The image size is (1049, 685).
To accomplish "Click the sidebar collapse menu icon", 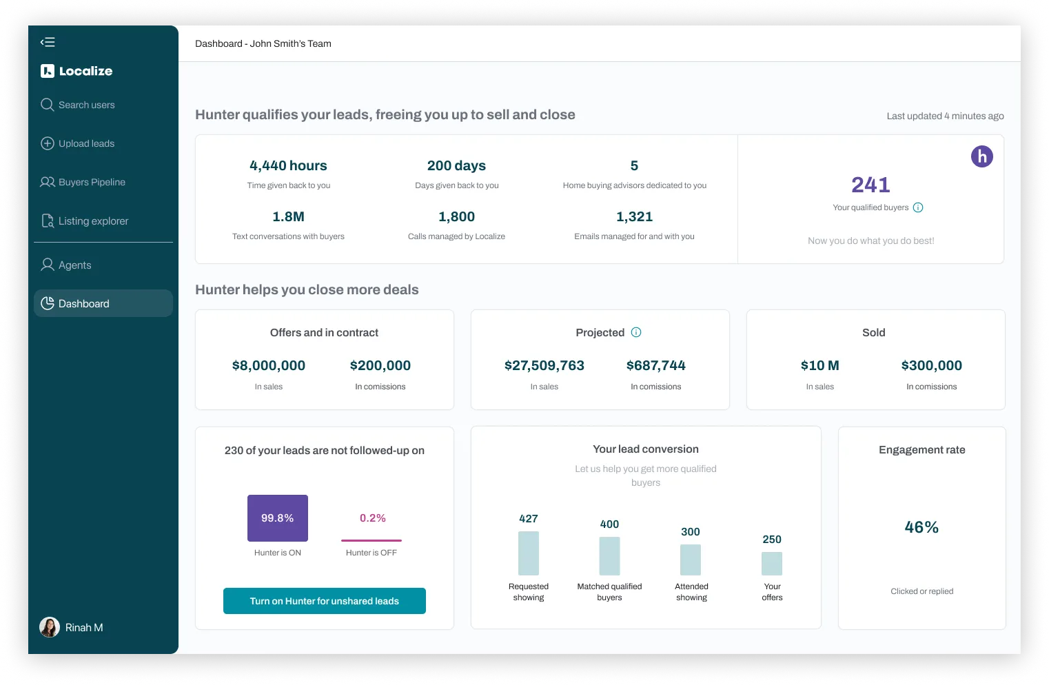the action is click(48, 42).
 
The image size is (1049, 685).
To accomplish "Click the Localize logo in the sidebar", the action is click(77, 71).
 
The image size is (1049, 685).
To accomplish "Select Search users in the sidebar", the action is click(78, 105).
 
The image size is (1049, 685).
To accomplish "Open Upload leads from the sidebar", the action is click(78, 143).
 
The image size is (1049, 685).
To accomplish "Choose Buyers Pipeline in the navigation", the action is click(83, 182).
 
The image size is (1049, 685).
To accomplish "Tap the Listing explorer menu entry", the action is click(84, 221).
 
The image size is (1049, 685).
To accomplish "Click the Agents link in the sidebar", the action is click(66, 265).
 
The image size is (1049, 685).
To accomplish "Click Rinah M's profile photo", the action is click(49, 627).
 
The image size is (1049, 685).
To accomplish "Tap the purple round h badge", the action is click(981, 156).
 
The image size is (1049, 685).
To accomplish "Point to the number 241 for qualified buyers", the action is click(870, 185).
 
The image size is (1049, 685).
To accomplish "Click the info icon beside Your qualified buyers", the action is click(918, 207).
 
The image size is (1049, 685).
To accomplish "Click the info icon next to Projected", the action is click(636, 332).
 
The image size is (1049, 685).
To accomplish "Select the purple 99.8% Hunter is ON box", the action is click(278, 518).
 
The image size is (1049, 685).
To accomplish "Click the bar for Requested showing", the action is click(528, 553).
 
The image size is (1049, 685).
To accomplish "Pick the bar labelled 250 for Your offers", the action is click(772, 563).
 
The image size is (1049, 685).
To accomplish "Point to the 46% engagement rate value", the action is click(921, 527).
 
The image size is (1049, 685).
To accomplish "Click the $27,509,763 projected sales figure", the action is click(544, 365).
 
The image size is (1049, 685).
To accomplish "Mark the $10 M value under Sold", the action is click(819, 365).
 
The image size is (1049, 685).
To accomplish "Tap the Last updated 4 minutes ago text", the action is click(945, 116).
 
